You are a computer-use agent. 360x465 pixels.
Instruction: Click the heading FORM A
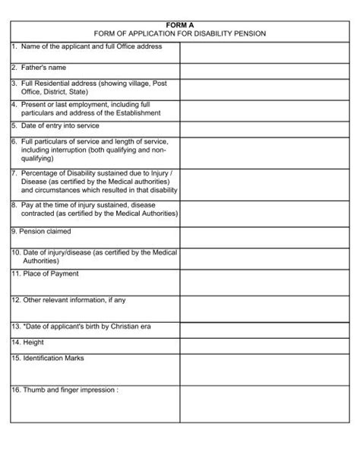point(180,25)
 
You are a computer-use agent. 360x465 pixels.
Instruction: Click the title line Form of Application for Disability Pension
point(180,34)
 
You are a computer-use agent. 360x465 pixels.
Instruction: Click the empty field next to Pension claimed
point(264,234)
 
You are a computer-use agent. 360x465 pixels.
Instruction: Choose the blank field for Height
point(264,343)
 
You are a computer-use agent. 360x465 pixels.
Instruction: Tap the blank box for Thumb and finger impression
point(264,403)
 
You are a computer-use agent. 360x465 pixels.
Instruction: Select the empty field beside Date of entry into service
point(264,128)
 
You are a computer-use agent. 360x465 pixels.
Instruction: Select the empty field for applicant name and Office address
point(264,52)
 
